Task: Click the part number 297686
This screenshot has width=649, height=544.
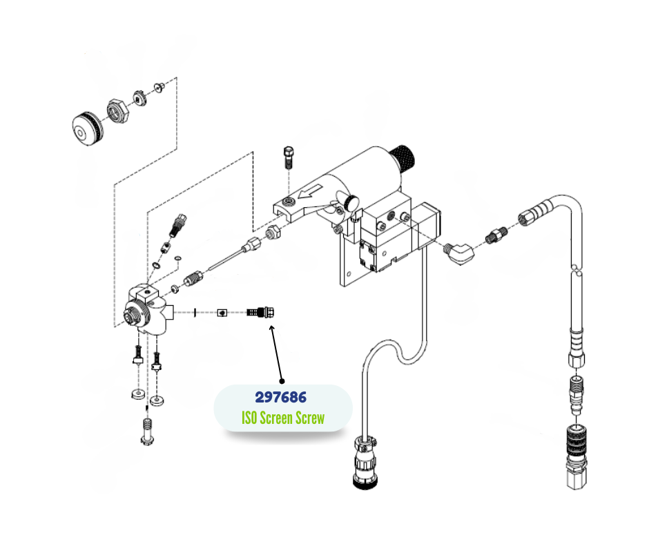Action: click(x=281, y=398)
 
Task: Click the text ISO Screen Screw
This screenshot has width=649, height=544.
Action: click(x=283, y=418)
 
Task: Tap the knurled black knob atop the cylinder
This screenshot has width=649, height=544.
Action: click(x=403, y=161)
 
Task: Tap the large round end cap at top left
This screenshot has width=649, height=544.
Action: click(x=87, y=129)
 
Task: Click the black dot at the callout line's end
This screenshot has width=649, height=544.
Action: click(x=282, y=380)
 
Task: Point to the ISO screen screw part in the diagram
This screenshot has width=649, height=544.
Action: click(x=261, y=311)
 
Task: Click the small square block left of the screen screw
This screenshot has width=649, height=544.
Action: click(x=222, y=312)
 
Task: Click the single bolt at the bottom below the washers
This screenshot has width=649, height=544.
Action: click(x=146, y=433)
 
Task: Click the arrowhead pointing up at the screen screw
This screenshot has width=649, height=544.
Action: click(x=272, y=329)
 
